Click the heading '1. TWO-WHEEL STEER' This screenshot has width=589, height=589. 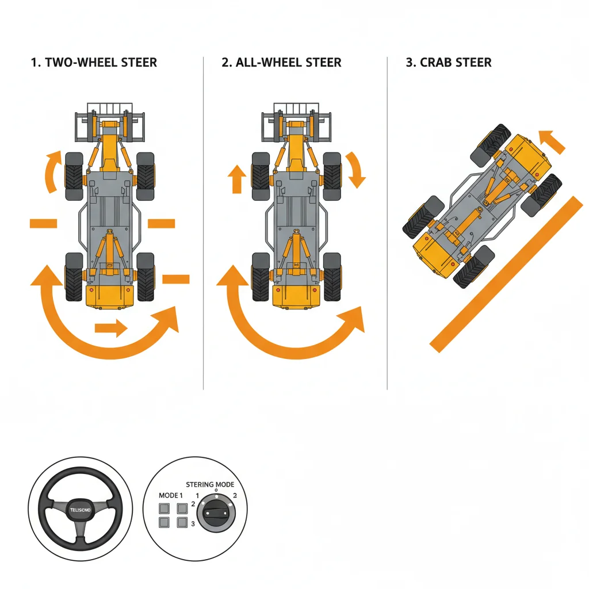click(x=93, y=63)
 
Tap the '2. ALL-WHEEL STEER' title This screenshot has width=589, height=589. click(x=281, y=63)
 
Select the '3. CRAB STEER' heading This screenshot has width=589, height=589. click(x=449, y=63)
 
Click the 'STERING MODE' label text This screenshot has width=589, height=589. click(x=210, y=485)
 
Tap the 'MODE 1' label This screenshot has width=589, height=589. click(x=170, y=495)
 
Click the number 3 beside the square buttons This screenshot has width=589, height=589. click(x=193, y=523)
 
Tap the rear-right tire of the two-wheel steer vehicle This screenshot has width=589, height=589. click(x=146, y=277)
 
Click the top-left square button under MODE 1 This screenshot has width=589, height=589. click(x=165, y=508)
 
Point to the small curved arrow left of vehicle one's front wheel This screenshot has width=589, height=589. click(x=51, y=171)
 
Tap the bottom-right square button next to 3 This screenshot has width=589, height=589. click(x=182, y=522)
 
